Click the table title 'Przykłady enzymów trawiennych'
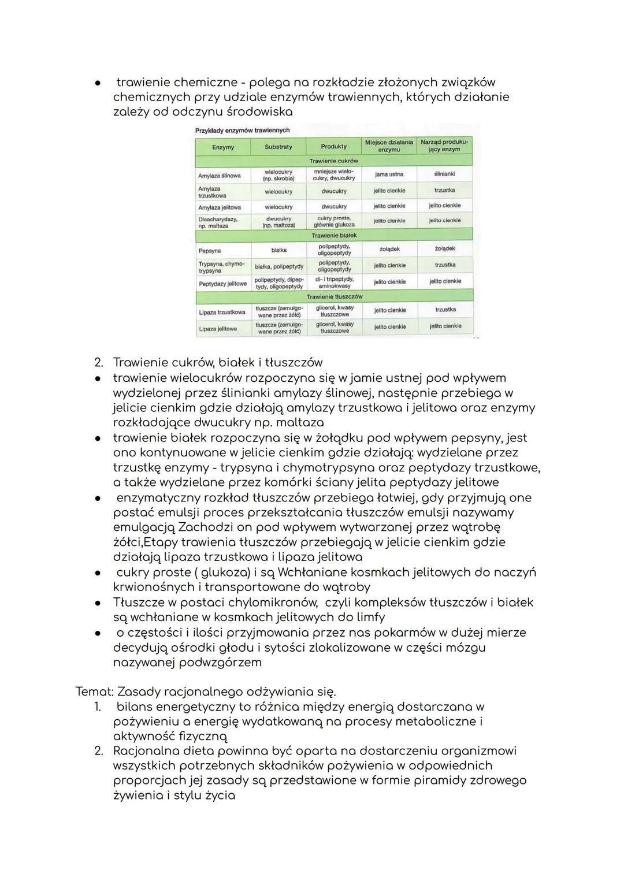[243, 131]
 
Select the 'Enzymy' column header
[223, 147]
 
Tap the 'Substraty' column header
[278, 147]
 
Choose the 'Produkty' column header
[333, 147]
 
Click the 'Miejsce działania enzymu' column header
[389, 146]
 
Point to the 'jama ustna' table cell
[389, 174]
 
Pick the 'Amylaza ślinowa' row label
[219, 176]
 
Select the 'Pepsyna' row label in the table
[210, 251]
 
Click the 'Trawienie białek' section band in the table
[334, 236]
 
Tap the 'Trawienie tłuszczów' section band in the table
[334, 296]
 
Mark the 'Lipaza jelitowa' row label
[218, 329]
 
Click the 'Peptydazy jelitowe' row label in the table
[222, 284]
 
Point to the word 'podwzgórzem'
[220, 663]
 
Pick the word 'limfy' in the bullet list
[370, 618]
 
